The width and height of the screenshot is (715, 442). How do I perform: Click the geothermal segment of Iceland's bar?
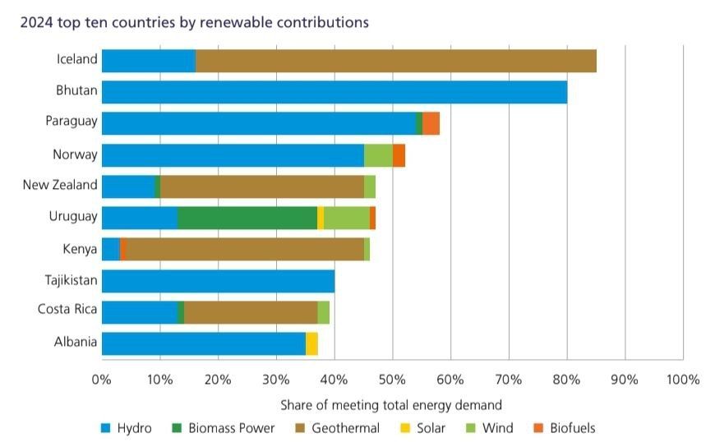pyautogui.click(x=395, y=60)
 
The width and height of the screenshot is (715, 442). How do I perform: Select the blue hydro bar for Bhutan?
pyautogui.click(x=334, y=91)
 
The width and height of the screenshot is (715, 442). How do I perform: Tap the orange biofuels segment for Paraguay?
pyautogui.click(x=431, y=122)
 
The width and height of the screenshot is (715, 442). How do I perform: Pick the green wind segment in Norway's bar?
pyautogui.click(x=378, y=154)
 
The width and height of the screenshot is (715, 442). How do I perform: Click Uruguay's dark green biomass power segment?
pyautogui.click(x=247, y=218)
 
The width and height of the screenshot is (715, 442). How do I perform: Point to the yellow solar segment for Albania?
pyautogui.click(x=311, y=343)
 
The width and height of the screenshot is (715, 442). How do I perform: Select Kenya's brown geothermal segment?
pyautogui.click(x=245, y=249)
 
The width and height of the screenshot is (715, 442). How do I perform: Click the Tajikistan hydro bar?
pyautogui.click(x=218, y=280)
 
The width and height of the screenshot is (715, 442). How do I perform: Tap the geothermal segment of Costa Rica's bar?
pyautogui.click(x=251, y=312)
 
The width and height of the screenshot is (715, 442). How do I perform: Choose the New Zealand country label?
pyautogui.click(x=59, y=185)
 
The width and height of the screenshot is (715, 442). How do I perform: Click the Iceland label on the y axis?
pyautogui.click(x=76, y=59)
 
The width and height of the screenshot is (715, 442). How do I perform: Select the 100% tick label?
pyautogui.click(x=682, y=380)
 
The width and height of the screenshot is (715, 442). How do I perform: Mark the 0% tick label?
pyautogui.click(x=101, y=380)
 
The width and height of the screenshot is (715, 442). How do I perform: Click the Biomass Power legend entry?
pyautogui.click(x=223, y=427)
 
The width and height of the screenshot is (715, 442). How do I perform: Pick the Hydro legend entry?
pyautogui.click(x=126, y=427)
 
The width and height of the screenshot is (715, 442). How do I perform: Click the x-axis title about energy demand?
pyautogui.click(x=390, y=405)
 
